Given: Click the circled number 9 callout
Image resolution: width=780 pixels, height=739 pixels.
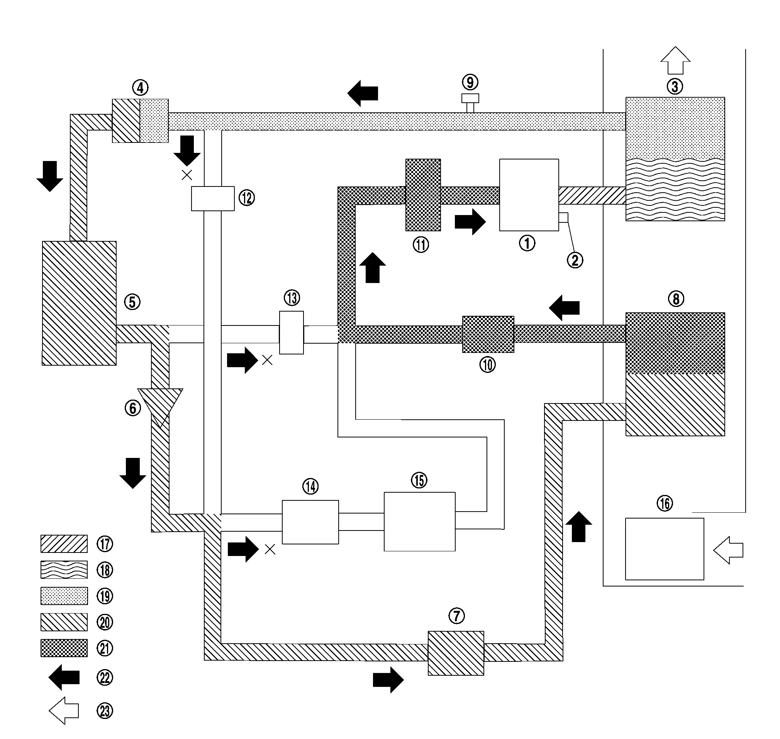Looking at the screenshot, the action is pyautogui.click(x=470, y=82).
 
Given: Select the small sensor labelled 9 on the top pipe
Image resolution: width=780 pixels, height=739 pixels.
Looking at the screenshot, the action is pyautogui.click(x=470, y=103).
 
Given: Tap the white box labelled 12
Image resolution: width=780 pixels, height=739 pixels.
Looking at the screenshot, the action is pyautogui.click(x=213, y=198).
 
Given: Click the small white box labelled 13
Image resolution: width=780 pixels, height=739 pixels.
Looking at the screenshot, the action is pyautogui.click(x=292, y=332).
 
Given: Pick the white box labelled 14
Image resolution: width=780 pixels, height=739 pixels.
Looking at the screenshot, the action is pyautogui.click(x=310, y=522).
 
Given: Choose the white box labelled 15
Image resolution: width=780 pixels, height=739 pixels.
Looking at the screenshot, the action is pyautogui.click(x=420, y=522).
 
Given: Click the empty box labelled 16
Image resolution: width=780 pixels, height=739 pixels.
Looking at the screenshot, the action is pyautogui.click(x=665, y=549).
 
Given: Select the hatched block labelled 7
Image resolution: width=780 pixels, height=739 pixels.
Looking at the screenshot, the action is pyautogui.click(x=456, y=653).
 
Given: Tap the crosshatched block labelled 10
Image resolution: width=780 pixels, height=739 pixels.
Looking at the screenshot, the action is pyautogui.click(x=488, y=334).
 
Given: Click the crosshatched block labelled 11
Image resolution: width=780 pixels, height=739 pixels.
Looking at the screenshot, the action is pyautogui.click(x=423, y=195).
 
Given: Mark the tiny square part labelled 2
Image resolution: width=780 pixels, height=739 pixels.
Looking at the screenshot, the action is pyautogui.click(x=563, y=217).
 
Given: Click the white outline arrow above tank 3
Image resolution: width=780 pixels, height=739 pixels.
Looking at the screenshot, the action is pyautogui.click(x=675, y=60).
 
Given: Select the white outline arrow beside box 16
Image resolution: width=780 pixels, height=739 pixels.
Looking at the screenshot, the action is pyautogui.click(x=728, y=550).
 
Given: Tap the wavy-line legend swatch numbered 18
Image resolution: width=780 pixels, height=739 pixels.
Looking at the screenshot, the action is pyautogui.click(x=64, y=570).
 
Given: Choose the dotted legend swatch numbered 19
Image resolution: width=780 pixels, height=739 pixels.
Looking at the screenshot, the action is pyautogui.click(x=64, y=596).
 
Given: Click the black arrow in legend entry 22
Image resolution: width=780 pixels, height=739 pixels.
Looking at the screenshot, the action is pyautogui.click(x=64, y=677).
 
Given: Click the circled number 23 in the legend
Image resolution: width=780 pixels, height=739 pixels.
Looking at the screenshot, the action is pyautogui.click(x=105, y=711).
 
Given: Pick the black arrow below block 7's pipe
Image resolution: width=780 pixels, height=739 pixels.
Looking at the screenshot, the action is pyautogui.click(x=388, y=680).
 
